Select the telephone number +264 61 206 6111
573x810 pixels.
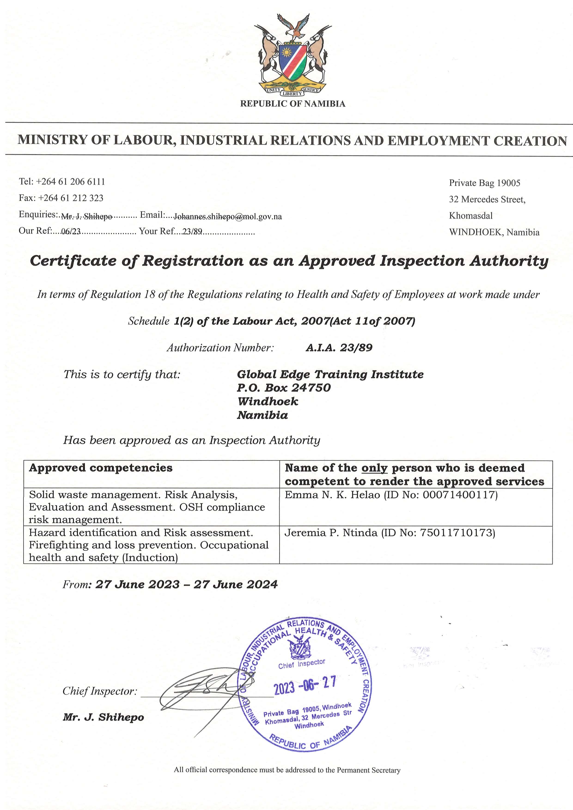pyautogui.click(x=71, y=182)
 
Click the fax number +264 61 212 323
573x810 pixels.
pyautogui.click(x=71, y=198)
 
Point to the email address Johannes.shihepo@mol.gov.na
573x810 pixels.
pyautogui.click(x=228, y=217)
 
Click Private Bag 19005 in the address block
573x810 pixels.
pyautogui.click(x=484, y=183)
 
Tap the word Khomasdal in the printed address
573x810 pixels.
pyautogui.click(x=471, y=216)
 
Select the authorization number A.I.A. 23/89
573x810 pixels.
pyautogui.click(x=339, y=348)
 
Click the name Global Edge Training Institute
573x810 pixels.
pyautogui.click(x=330, y=374)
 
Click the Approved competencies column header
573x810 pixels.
pyautogui.click(x=101, y=468)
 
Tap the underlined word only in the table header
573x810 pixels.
pyautogui.click(x=374, y=468)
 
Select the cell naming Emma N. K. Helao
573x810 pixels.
pyautogui.click(x=391, y=495)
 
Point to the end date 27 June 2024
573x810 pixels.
pyautogui.click(x=235, y=585)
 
